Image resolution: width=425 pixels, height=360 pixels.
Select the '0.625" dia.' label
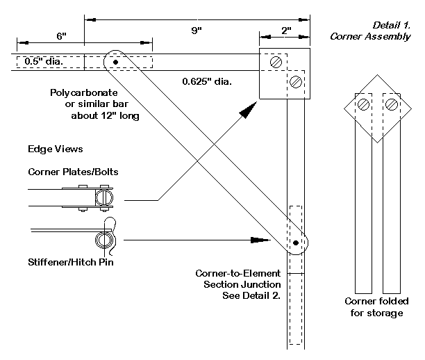click(207, 81)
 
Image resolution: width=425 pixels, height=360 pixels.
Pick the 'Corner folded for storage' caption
click(376, 307)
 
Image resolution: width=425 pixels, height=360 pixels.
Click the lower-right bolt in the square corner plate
click(296, 81)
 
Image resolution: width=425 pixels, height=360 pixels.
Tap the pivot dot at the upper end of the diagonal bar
click(115, 62)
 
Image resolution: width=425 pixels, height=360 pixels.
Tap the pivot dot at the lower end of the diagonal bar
click(296, 243)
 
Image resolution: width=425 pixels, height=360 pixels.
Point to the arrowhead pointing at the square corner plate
click(247, 109)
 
